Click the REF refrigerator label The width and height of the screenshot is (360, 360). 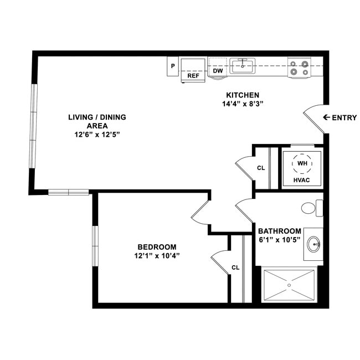coord(193,76)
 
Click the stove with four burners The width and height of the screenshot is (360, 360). coord(299,68)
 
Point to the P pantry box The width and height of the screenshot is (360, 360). coord(173,66)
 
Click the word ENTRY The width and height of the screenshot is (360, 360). coord(344,117)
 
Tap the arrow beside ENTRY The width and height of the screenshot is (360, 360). coord(326,117)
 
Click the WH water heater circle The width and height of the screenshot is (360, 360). coord(302,164)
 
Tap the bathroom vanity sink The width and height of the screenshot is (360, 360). coord(315,244)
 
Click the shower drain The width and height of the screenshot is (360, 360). coord(289,285)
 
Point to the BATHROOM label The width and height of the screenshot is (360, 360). coord(280,231)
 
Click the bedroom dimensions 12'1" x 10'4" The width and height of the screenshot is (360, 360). coord(157,256)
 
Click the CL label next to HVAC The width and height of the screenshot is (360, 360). coord(261,168)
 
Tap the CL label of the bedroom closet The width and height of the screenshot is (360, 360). coord(235,268)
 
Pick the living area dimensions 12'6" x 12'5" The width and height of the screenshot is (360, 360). coord(97,135)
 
